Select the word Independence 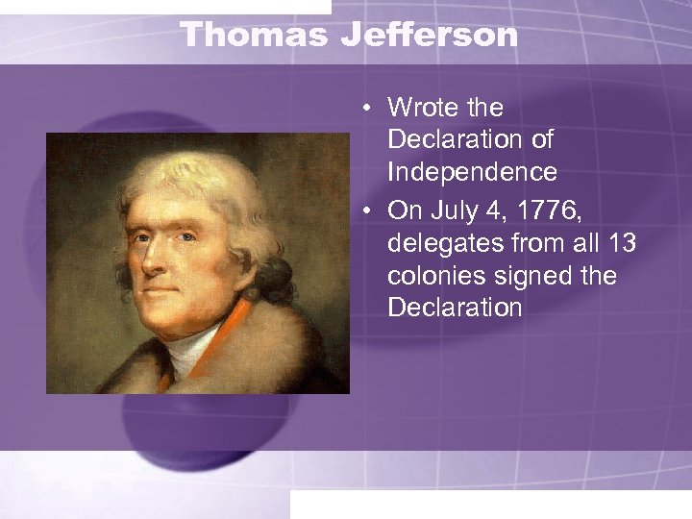[472, 172]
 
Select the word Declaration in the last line [455, 309]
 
